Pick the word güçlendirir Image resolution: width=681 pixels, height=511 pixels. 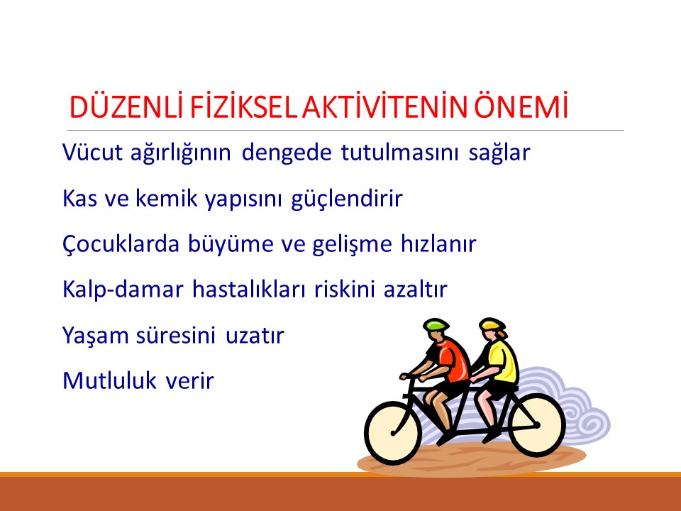click(346, 199)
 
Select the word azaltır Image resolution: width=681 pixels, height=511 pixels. click(417, 290)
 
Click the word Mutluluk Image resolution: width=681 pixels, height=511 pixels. click(108, 381)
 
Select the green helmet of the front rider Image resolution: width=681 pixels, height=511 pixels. click(436, 325)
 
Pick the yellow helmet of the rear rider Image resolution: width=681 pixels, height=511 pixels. click(491, 325)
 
